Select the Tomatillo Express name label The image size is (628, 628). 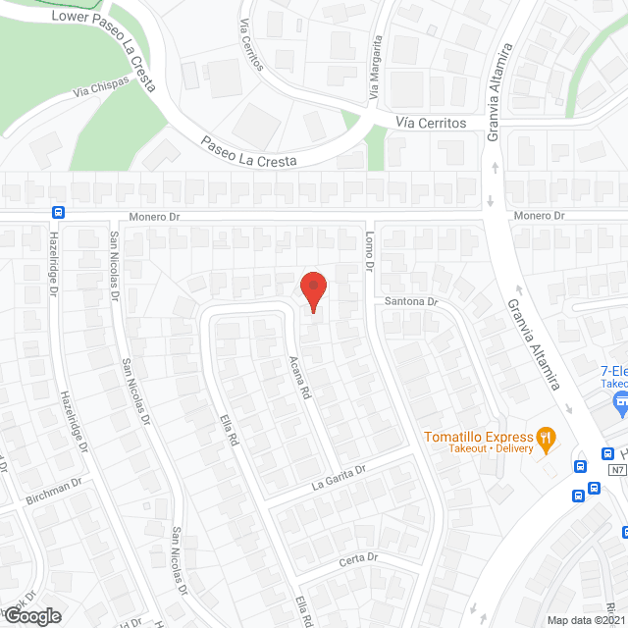(x=478, y=436)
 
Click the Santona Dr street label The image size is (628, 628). (x=410, y=301)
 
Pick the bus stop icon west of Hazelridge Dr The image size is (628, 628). (x=59, y=212)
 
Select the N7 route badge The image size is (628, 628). (x=616, y=470)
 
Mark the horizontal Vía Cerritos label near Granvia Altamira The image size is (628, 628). (x=431, y=123)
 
